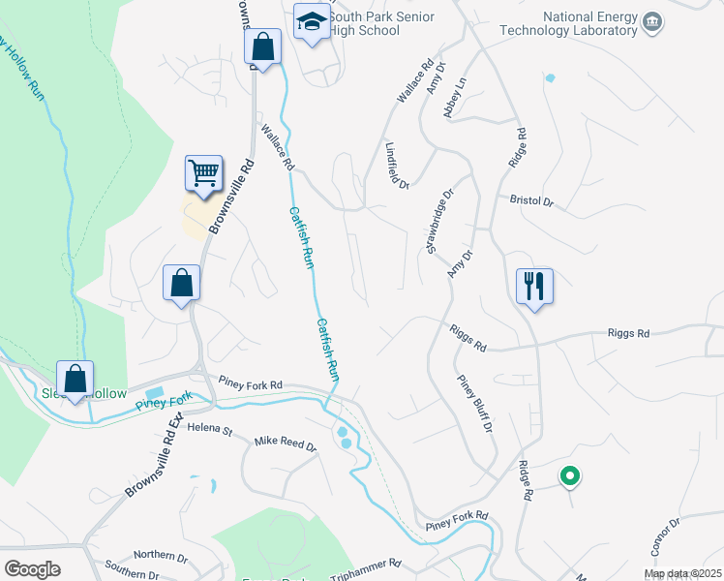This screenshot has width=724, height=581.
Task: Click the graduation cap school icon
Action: pyautogui.click(x=312, y=23)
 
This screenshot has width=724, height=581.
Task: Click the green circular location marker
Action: pyautogui.click(x=570, y=475)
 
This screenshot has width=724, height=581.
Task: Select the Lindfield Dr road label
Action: pyautogui.click(x=397, y=165)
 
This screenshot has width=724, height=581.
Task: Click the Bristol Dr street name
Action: pyautogui.click(x=529, y=202)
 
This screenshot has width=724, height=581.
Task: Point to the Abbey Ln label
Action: pyautogui.click(x=455, y=98)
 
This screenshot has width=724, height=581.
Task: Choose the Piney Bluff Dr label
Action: pyautogui.click(x=475, y=405)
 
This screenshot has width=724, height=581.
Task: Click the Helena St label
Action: pyautogui.click(x=211, y=427)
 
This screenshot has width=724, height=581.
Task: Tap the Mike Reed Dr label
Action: pyautogui.click(x=285, y=443)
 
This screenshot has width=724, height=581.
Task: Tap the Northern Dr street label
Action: pyautogui.click(x=160, y=557)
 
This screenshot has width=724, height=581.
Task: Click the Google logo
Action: pyautogui.click(x=32, y=568)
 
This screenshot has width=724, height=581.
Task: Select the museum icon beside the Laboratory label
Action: pyautogui.click(x=651, y=22)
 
